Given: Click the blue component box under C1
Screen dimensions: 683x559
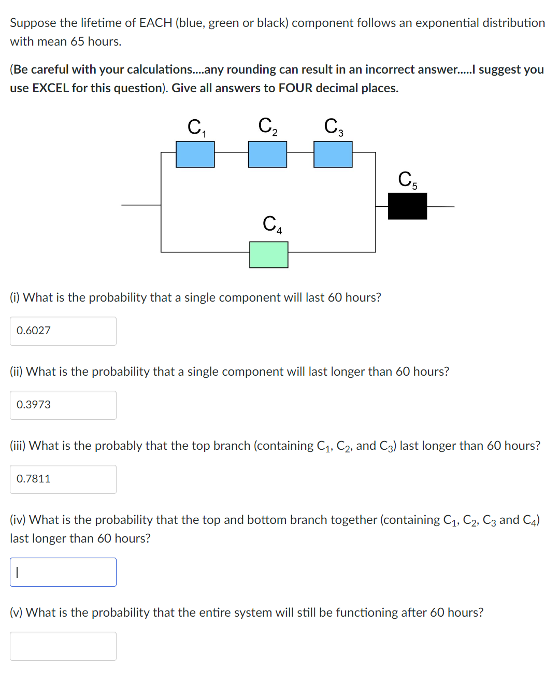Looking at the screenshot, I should [195, 154].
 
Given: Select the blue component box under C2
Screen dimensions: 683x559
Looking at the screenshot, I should [267, 154].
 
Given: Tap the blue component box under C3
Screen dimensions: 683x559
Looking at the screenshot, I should [333, 154].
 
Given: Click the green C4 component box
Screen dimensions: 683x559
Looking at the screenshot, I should [268, 254].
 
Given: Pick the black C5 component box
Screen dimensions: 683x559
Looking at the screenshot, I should [407, 206].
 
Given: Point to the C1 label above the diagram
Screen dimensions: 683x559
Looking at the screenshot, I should [196, 127].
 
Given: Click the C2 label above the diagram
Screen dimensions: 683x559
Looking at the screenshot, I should [268, 126].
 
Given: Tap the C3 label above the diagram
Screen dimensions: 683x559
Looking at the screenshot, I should [333, 126].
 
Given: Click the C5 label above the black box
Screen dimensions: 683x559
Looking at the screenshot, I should [407, 179].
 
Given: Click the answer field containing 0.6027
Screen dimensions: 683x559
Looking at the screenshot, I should [63, 331].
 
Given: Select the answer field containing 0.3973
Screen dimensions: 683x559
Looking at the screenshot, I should [63, 405].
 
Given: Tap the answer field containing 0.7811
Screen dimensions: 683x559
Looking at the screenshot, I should [63, 479].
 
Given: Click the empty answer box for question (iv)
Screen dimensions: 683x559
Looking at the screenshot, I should [63, 572].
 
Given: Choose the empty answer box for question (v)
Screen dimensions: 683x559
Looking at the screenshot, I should [63, 646].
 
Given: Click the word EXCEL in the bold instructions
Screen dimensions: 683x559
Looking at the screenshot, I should [50, 88].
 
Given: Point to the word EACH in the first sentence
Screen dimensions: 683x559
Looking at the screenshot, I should [155, 23].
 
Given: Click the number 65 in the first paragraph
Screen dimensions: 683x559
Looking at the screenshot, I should [77, 41].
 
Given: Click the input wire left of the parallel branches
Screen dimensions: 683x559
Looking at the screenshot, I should [141, 205].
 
